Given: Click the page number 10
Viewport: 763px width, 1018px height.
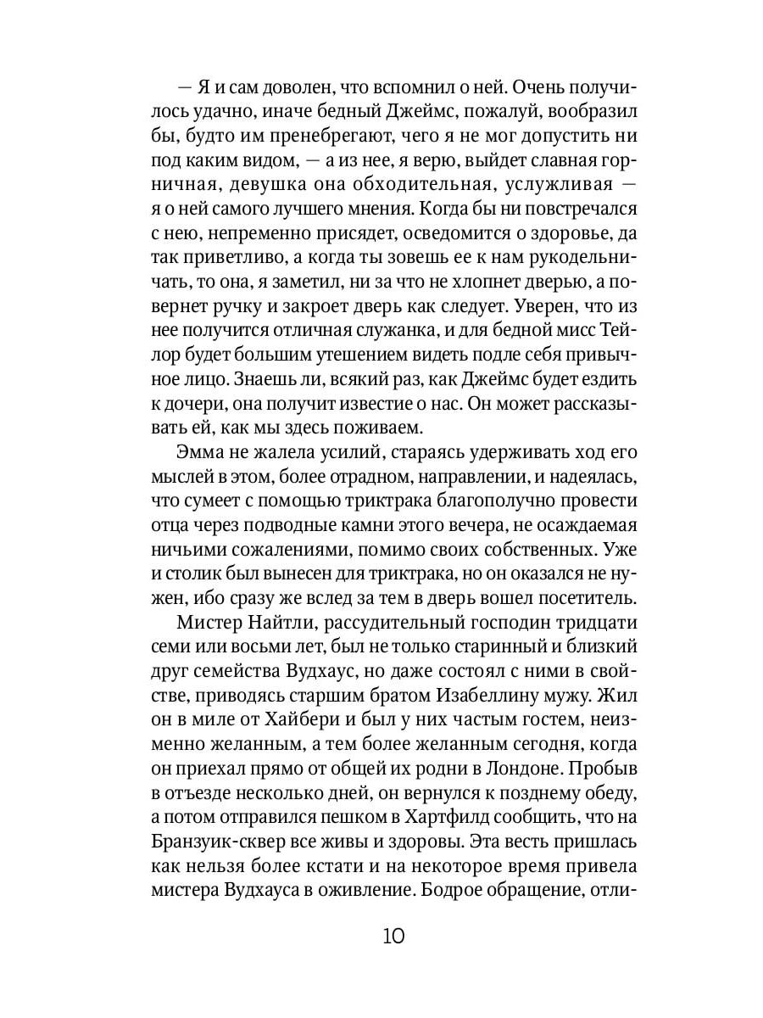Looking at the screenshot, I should pyautogui.click(x=393, y=937).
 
